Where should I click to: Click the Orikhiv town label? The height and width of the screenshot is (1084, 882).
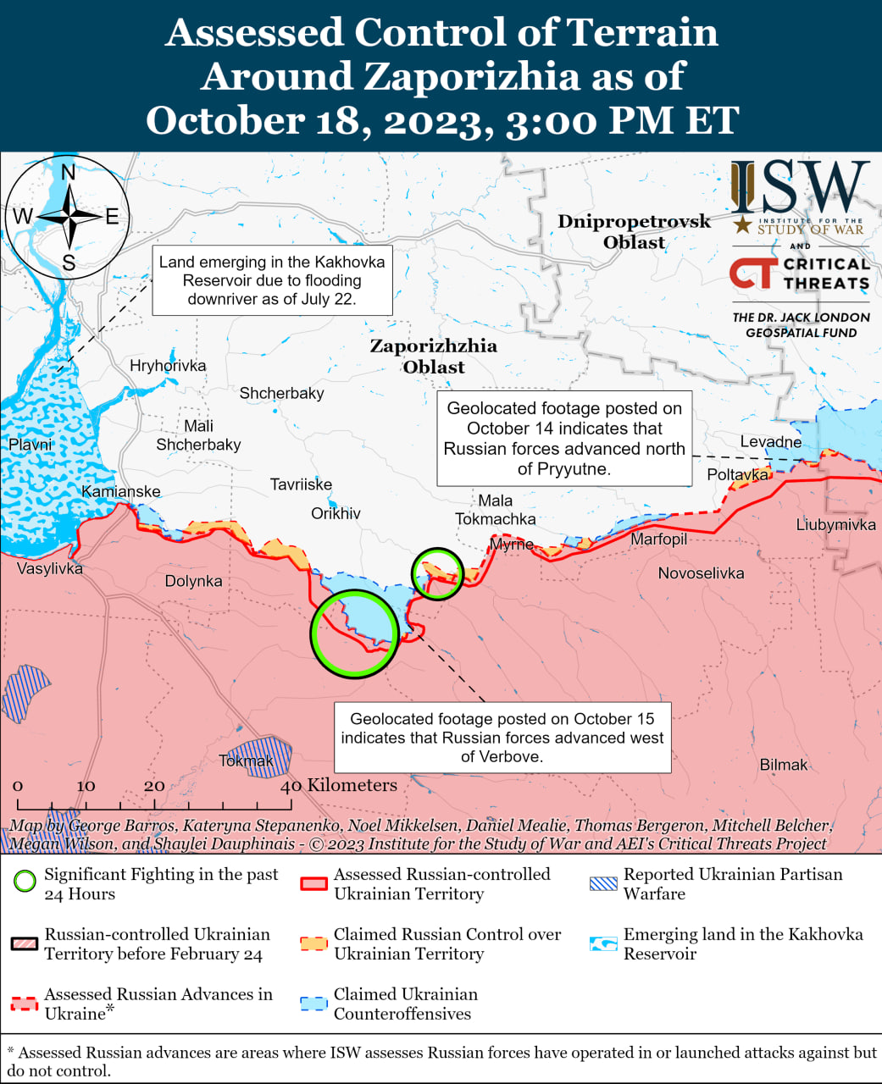(336, 514)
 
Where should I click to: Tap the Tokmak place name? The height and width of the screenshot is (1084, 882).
(246, 760)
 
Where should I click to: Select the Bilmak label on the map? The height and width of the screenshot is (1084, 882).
(783, 765)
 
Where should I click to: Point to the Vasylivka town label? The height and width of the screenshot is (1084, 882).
(50, 568)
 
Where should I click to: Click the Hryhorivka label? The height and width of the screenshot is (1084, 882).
(168, 366)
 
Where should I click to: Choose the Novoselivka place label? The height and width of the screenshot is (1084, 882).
(701, 573)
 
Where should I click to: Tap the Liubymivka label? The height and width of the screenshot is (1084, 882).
(835, 525)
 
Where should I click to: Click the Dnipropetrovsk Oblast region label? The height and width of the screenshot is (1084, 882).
(634, 231)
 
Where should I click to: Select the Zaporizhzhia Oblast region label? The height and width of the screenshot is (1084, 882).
(433, 356)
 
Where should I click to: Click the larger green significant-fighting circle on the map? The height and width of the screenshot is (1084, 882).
(354, 633)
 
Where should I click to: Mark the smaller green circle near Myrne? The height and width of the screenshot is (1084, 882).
(437, 573)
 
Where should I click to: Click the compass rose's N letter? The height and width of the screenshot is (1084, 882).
(69, 173)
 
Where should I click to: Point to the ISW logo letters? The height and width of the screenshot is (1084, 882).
(800, 188)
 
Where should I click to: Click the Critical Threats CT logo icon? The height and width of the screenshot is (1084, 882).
(752, 274)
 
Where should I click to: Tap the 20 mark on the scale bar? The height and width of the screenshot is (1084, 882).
(154, 786)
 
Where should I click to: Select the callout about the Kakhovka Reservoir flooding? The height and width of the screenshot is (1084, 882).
(272, 280)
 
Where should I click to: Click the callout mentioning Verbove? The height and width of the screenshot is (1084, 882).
(502, 738)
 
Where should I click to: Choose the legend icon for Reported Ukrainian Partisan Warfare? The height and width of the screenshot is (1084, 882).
(603, 883)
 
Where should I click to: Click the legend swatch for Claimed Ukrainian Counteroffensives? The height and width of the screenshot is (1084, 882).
(313, 1004)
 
